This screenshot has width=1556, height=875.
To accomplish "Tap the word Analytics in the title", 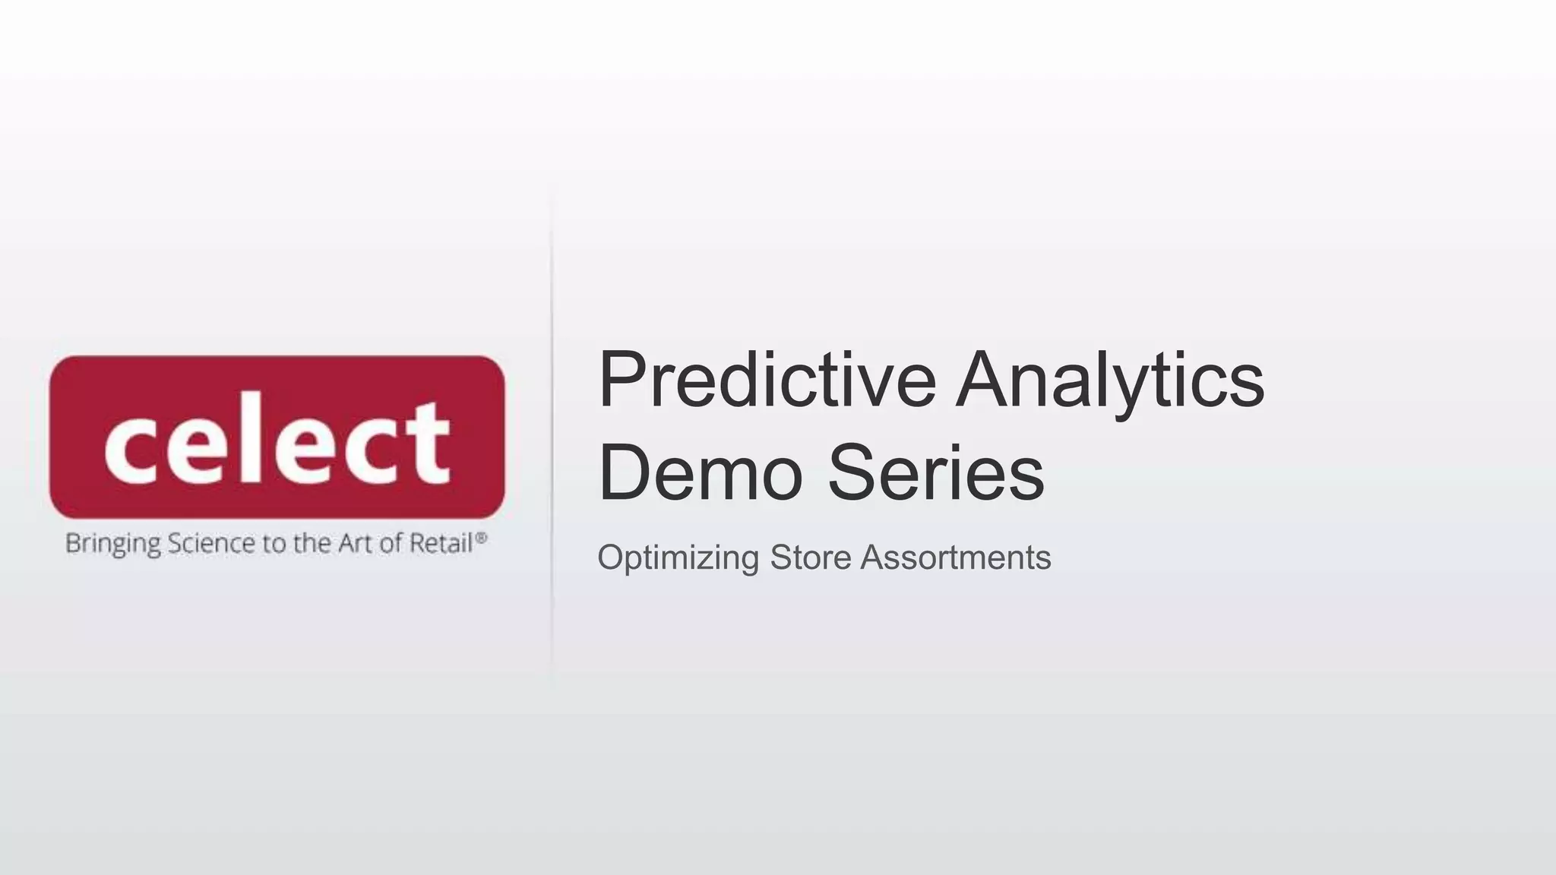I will point(1110,380).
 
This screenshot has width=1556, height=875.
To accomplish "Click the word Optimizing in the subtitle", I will point(678,558).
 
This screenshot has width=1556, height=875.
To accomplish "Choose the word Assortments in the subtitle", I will point(956,558).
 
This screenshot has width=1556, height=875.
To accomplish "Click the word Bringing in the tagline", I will point(113,545).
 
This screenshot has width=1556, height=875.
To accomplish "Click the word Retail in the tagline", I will point(441,543).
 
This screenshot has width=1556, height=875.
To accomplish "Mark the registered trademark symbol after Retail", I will point(481,536).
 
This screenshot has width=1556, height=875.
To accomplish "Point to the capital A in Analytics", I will point(985,380).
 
